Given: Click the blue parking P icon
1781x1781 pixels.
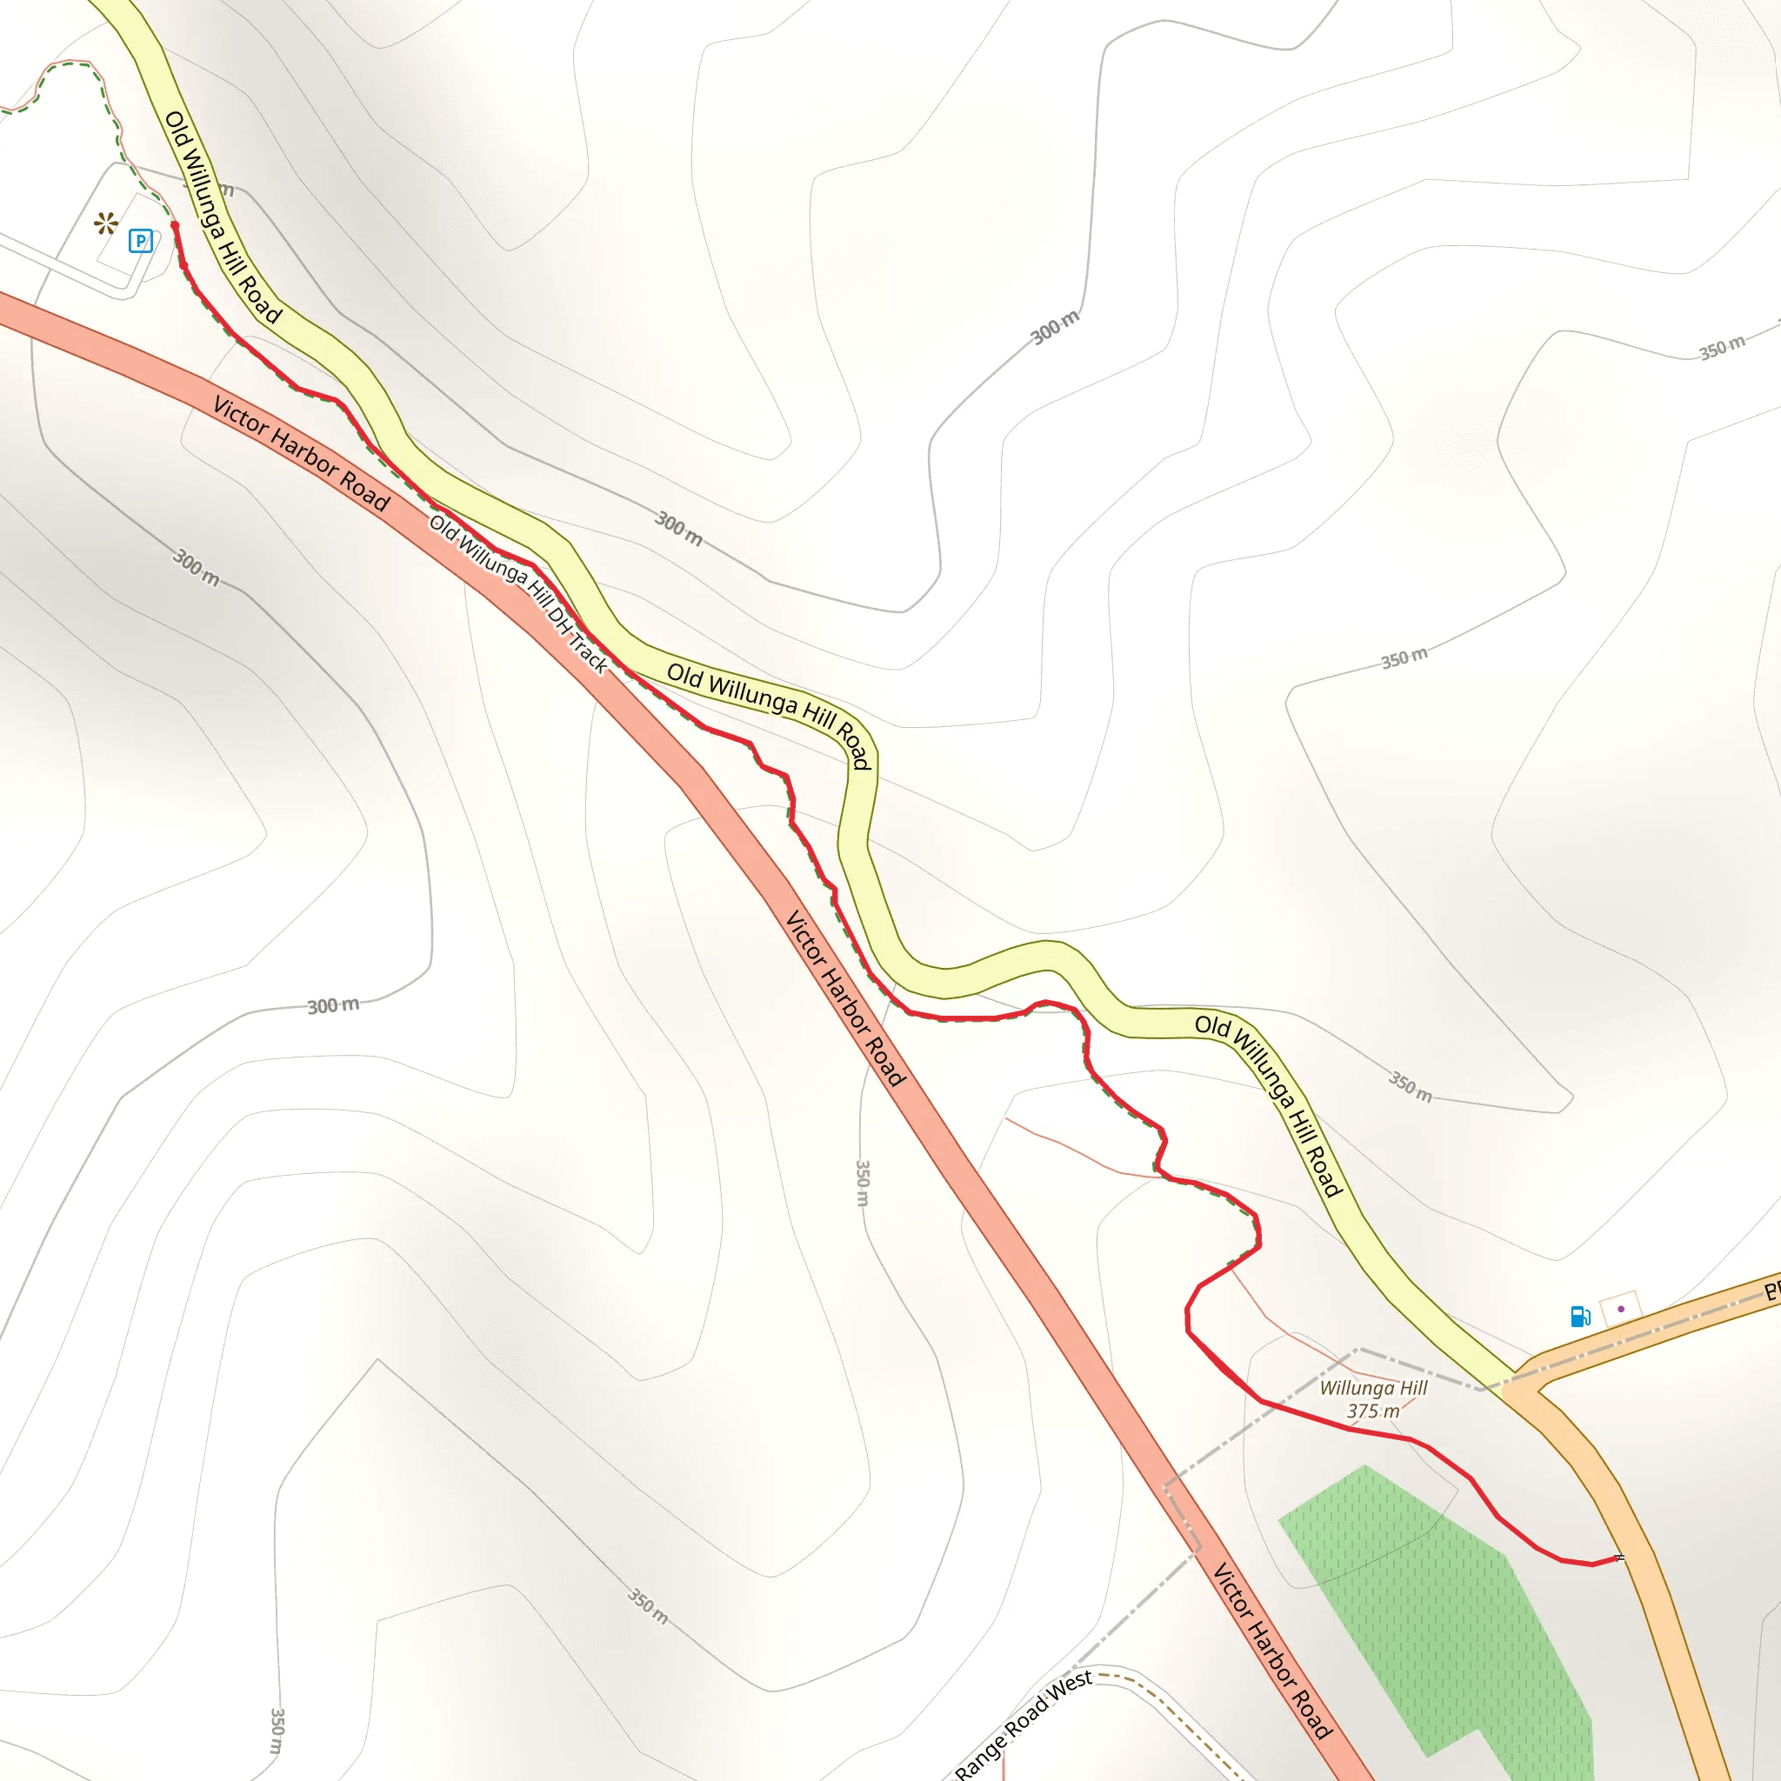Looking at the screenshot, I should tap(140, 242).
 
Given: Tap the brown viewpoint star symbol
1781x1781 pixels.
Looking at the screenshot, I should tap(106, 223).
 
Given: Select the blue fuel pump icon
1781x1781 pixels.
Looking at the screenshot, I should tap(1580, 1316).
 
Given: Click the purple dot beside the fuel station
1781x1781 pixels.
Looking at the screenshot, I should tap(1621, 1309).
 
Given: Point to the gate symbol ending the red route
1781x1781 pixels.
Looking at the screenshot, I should tap(1619, 1558).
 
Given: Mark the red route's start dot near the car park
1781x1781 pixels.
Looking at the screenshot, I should tap(174, 225).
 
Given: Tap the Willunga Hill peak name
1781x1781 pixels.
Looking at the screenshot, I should tap(1372, 1387).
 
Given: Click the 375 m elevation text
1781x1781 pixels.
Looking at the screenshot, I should tap(1372, 1411).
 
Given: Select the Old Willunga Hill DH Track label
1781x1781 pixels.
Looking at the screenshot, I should tap(518, 594).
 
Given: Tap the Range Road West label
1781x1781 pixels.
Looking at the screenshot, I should tap(1023, 1724).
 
